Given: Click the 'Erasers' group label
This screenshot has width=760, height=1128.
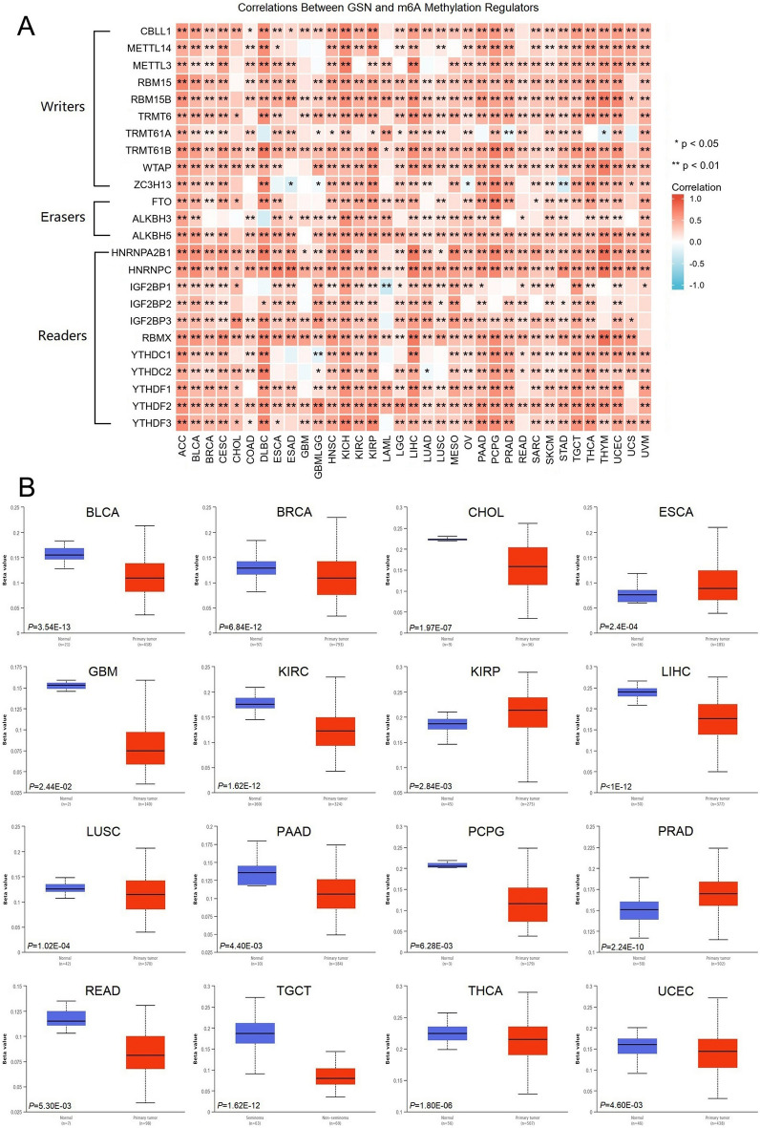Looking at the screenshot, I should pos(62,217).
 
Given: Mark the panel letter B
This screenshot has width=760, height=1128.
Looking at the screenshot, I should pos(30,487).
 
